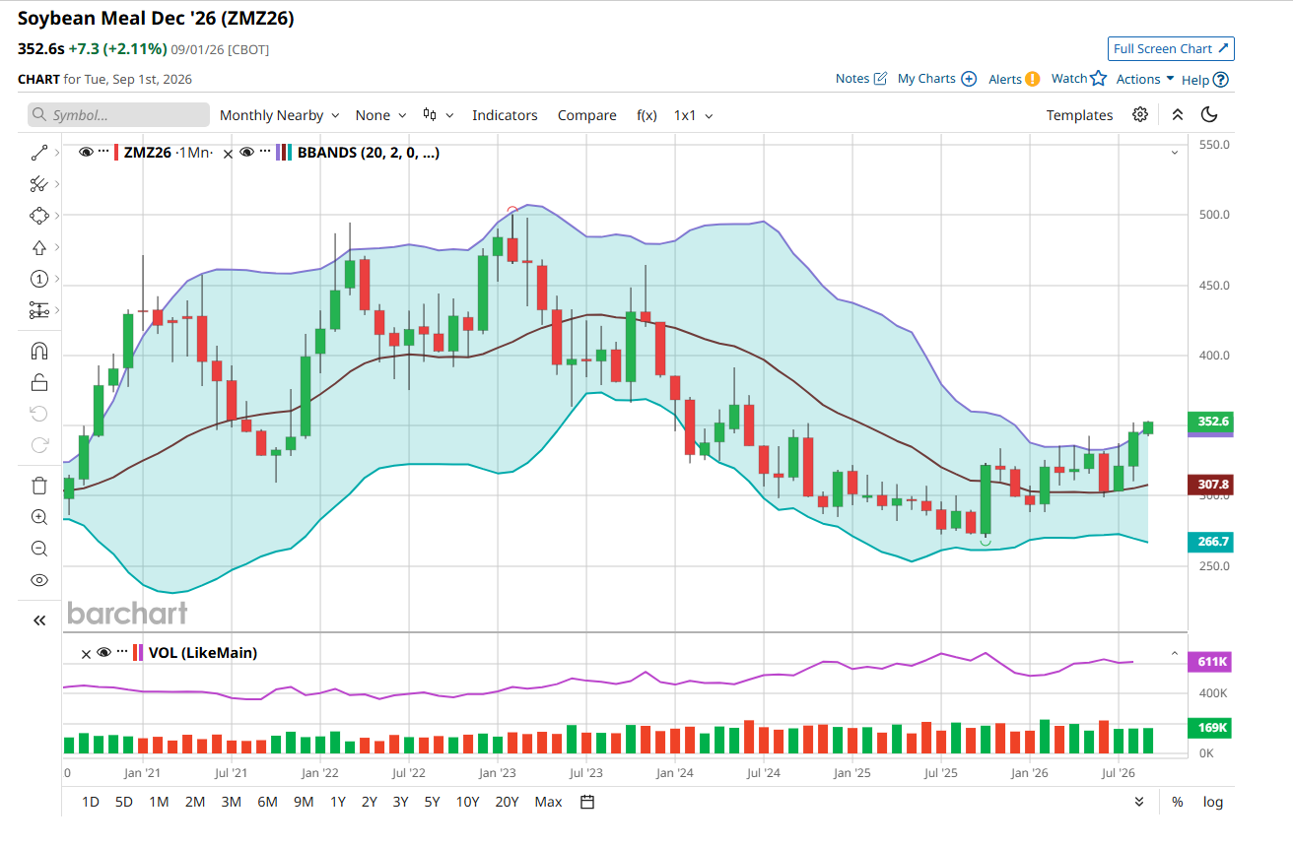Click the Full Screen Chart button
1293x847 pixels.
[1171, 49]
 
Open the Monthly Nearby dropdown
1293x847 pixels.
[279, 115]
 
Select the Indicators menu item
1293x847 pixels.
[505, 115]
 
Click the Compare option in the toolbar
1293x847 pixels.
[586, 115]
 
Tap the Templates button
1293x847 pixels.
[1079, 115]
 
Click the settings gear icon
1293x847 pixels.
[1139, 115]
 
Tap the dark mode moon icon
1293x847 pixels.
[1208, 115]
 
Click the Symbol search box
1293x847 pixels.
[118, 115]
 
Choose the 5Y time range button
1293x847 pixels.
[432, 802]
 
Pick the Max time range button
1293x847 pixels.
[548, 802]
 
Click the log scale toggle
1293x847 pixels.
[1213, 802]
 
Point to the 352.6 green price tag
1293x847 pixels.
[1210, 422]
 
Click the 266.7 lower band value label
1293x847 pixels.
[1210, 542]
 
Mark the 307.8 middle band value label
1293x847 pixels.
[1210, 485]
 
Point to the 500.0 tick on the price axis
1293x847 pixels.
[1214, 215]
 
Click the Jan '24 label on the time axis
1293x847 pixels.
[675, 773]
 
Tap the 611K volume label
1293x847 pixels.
[1210, 662]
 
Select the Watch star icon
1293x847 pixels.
[1099, 79]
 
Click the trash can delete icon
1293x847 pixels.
[39, 486]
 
